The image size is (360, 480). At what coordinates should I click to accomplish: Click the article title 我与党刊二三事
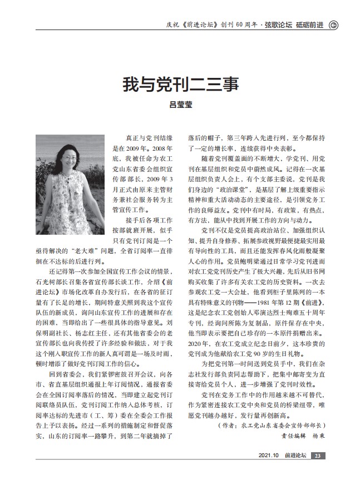coord(180,85)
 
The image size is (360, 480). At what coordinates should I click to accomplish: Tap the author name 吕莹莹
coord(180,105)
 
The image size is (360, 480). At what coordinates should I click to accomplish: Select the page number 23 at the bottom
coord(317,457)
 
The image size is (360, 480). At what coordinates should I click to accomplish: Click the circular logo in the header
coord(333,24)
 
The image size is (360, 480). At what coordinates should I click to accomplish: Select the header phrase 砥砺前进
coord(310,24)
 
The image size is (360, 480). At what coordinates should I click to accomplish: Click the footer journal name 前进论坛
coord(295,457)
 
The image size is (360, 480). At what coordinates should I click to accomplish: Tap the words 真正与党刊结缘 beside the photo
coord(144,137)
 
